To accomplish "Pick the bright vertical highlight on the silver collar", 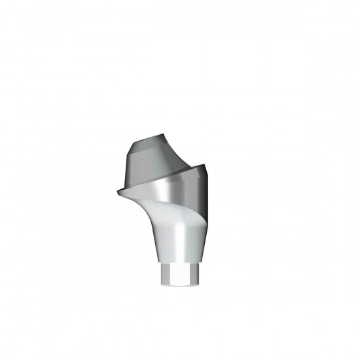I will (x=171, y=190).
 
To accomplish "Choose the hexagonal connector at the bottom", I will (x=178, y=275).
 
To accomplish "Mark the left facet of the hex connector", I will (x=165, y=275).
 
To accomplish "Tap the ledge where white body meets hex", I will (x=178, y=264).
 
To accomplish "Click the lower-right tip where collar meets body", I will (x=209, y=223).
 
